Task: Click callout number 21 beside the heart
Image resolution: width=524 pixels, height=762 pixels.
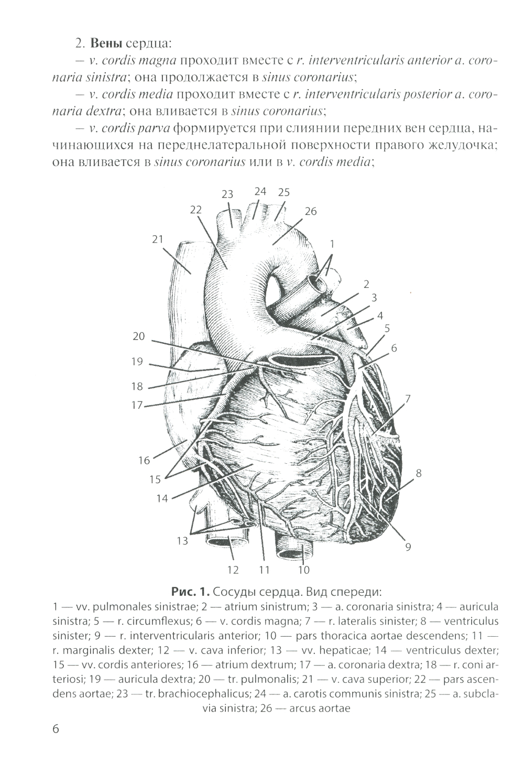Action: click(x=158, y=240)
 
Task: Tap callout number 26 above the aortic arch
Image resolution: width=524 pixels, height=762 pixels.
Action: click(x=311, y=211)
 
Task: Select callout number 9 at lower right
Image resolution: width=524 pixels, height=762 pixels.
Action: click(x=408, y=547)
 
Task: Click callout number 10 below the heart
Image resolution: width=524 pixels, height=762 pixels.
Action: click(x=304, y=570)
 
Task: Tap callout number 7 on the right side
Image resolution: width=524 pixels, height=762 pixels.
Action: click(x=408, y=398)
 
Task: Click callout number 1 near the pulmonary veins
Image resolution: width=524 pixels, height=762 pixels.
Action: click(x=332, y=244)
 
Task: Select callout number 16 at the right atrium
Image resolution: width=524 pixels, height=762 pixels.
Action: click(x=144, y=461)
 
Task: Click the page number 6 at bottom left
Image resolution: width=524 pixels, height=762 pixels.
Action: click(x=57, y=730)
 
